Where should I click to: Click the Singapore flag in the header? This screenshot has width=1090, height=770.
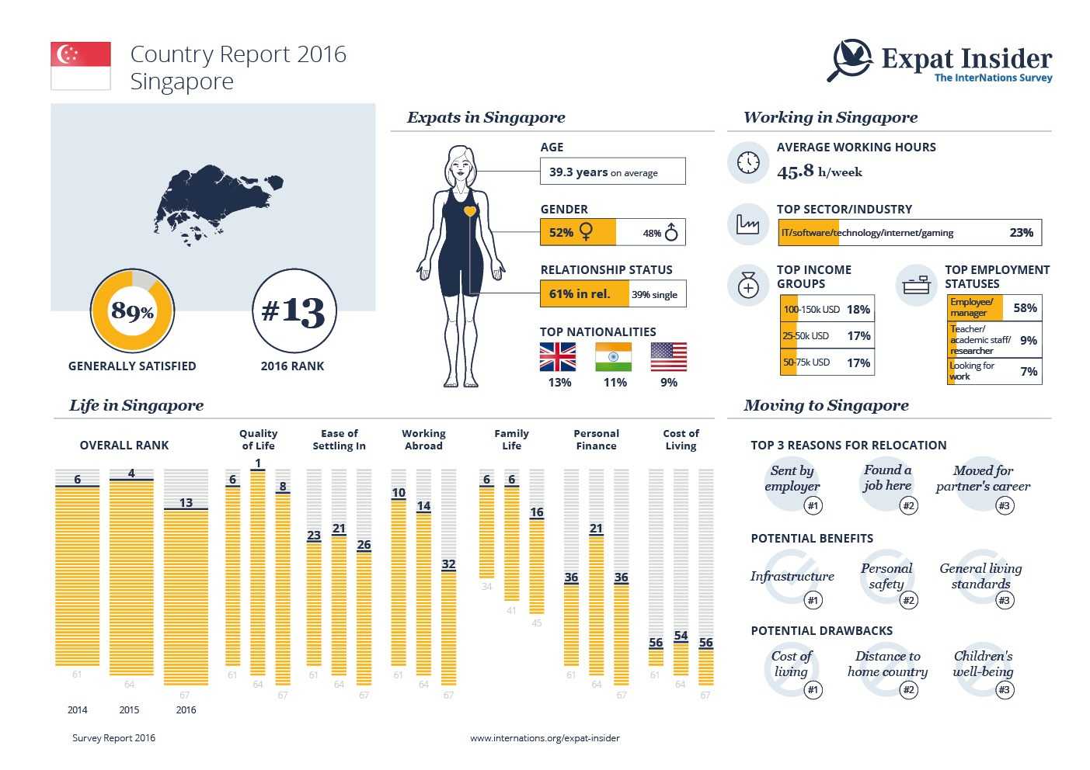[81, 66]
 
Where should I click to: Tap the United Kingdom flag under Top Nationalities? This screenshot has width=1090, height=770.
[558, 357]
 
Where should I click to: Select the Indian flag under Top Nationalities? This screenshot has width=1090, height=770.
[613, 357]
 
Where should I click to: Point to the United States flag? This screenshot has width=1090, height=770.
[668, 357]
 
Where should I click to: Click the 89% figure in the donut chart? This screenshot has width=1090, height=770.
[132, 311]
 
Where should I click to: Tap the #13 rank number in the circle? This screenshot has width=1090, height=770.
[294, 311]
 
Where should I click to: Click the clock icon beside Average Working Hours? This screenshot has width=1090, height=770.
[748, 162]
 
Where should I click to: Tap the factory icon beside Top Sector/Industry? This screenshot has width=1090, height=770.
[747, 224]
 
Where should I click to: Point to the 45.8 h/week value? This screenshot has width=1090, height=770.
[820, 172]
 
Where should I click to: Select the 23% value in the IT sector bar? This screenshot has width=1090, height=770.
[1021, 232]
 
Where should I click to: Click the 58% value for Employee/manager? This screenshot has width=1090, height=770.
[1025, 308]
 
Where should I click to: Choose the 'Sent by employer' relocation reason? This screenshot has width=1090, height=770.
[792, 479]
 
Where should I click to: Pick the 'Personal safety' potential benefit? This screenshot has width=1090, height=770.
[886, 576]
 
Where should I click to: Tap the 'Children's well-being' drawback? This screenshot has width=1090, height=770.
[983, 664]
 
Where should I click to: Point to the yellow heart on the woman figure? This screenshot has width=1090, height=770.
[469, 211]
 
